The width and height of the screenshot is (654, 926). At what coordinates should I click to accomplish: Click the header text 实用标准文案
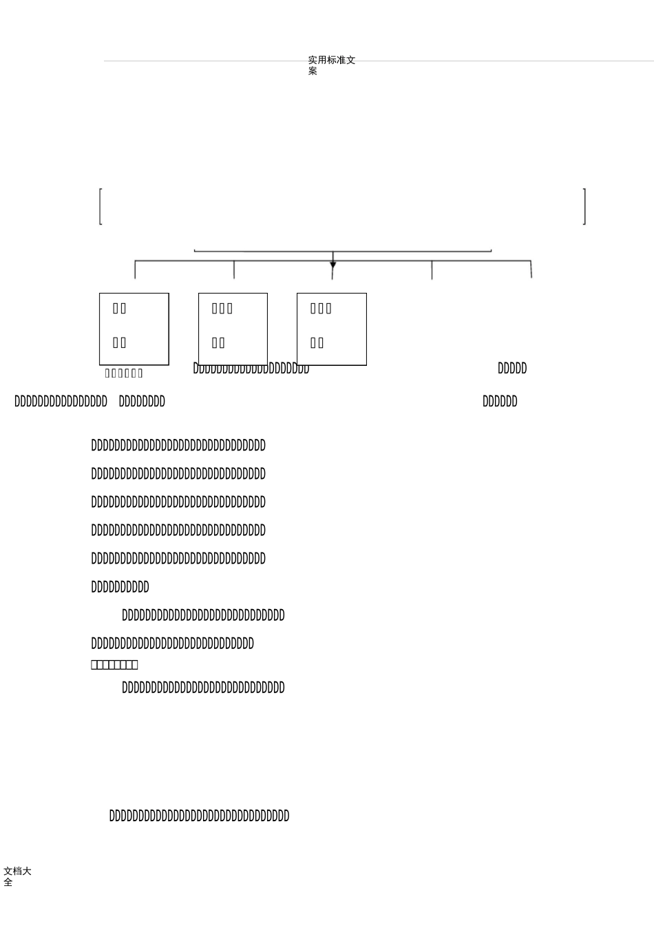pyautogui.click(x=331, y=65)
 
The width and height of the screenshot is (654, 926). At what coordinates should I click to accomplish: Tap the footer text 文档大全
pyautogui.click(x=17, y=876)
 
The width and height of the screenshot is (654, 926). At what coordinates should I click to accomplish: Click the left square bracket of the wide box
pyautogui.click(x=101, y=206)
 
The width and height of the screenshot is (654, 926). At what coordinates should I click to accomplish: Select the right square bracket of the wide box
pyautogui.click(x=584, y=206)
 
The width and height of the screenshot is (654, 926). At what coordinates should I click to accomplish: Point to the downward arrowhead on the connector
pyautogui.click(x=333, y=265)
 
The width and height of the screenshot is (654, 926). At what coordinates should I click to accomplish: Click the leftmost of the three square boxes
pyautogui.click(x=134, y=329)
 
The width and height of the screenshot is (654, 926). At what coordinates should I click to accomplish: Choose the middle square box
pyautogui.click(x=233, y=329)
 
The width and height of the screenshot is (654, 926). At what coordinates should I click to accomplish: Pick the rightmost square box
pyautogui.click(x=332, y=329)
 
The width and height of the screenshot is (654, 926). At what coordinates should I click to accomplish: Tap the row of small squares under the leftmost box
pyautogui.click(x=124, y=373)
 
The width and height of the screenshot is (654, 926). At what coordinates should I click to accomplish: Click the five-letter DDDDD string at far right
pyautogui.click(x=512, y=369)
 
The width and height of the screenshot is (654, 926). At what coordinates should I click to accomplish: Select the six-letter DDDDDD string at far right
pyautogui.click(x=500, y=402)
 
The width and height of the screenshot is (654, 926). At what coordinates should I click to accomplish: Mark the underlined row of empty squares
pyautogui.click(x=114, y=665)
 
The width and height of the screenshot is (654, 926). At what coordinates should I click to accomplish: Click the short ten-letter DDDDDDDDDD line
pyautogui.click(x=120, y=587)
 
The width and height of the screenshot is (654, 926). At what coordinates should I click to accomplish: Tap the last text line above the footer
pyautogui.click(x=199, y=816)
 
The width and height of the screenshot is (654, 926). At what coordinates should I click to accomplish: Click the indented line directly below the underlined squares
pyautogui.click(x=203, y=688)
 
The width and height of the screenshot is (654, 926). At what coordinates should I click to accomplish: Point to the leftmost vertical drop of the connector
pyautogui.click(x=135, y=269)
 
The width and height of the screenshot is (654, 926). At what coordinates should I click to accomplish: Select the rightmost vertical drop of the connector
pyautogui.click(x=531, y=269)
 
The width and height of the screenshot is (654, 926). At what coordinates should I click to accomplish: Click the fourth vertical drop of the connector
pyautogui.click(x=432, y=269)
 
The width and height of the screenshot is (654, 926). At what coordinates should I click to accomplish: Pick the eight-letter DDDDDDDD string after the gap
pyautogui.click(x=142, y=402)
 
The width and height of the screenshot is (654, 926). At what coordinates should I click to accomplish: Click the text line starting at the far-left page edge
pyautogui.click(x=61, y=402)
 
